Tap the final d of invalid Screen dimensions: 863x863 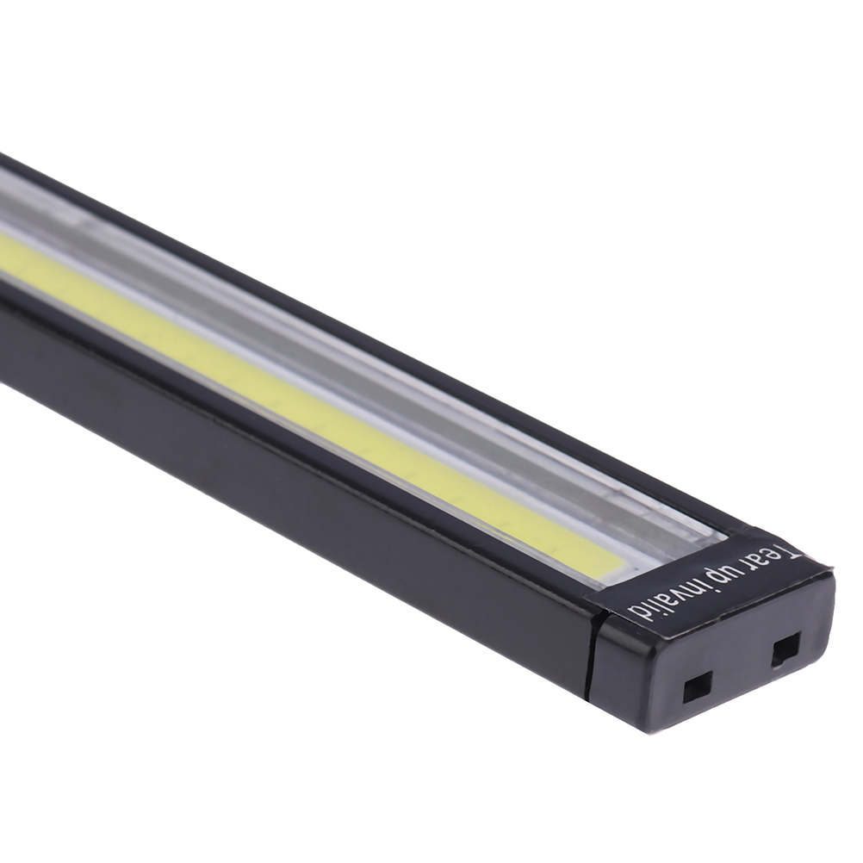tap(632, 618)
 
